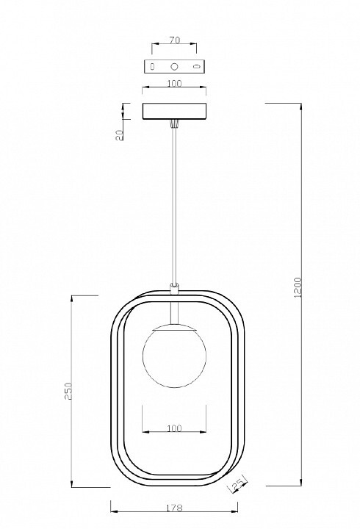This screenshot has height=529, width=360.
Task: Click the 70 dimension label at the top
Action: click(174, 40)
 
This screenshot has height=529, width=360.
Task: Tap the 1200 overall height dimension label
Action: click(298, 287)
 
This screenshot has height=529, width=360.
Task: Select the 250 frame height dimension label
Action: click(68, 391)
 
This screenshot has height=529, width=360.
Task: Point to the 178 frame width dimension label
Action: click(174, 508)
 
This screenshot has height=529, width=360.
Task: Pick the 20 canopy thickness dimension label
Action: click(120, 136)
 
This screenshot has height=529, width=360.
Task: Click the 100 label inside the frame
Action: click(174, 428)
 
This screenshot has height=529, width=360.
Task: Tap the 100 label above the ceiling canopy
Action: click(174, 83)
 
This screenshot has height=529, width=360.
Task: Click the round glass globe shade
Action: click(174, 356)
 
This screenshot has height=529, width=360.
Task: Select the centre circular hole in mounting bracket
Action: click(174, 66)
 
